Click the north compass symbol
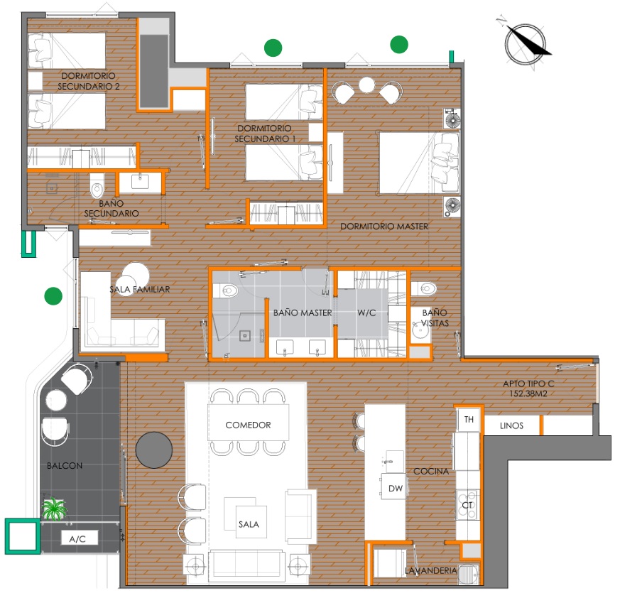point(526,43)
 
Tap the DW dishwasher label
point(396,489)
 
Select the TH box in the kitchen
point(469,420)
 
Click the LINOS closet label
point(511,426)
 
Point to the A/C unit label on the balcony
point(77,539)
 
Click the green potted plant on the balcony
point(54,509)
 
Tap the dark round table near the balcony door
point(154,450)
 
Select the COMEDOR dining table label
point(249,425)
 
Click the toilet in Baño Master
point(226,291)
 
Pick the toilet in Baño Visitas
point(423,289)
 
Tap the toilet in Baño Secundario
point(97,185)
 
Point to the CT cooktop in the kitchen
point(467,505)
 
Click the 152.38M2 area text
point(528,393)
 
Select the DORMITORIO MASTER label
point(384,227)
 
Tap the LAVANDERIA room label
point(430,571)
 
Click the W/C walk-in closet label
point(366,313)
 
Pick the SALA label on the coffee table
point(249,525)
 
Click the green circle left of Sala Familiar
point(53,296)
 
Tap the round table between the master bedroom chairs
point(366,85)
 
